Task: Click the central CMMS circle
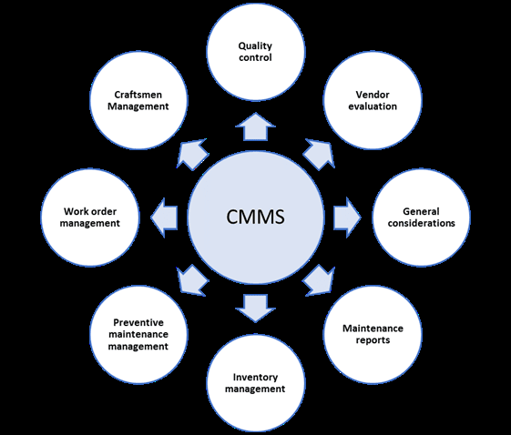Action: (255, 218)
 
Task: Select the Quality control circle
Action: (255, 51)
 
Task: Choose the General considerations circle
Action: (421, 217)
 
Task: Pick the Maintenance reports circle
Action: (373, 333)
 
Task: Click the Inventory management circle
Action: (255, 382)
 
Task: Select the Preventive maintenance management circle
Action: (138, 334)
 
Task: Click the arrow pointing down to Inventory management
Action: (255, 309)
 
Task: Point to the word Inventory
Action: (255, 376)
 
